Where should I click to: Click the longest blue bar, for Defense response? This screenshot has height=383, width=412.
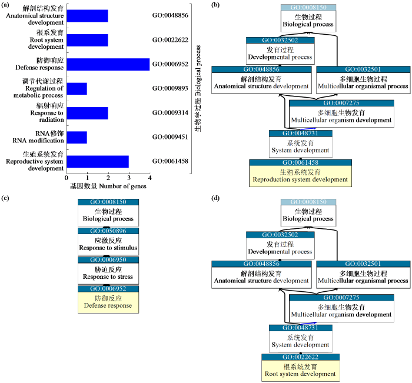pos(108,64)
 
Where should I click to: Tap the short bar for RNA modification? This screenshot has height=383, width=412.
pos(77,137)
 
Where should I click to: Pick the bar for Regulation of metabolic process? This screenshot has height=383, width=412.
pos(77,89)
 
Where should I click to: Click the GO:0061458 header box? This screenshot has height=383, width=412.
pos(300,162)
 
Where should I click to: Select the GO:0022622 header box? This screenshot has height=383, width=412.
pos(300,357)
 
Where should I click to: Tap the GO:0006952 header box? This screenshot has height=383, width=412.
pos(108,289)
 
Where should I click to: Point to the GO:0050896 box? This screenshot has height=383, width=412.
pos(108,231)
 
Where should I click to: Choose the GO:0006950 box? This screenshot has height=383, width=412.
pos(108,260)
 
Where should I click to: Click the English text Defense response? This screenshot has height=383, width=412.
pos(108,306)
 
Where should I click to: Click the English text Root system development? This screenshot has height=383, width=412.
pos(300,374)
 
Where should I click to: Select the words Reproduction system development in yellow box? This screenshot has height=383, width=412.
pos(300,179)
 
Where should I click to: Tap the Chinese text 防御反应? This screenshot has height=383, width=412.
pos(108,298)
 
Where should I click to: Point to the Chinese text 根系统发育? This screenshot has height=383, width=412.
pos(300,366)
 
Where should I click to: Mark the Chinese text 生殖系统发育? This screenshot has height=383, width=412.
pos(300,171)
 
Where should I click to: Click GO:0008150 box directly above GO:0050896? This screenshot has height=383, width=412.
pos(108,202)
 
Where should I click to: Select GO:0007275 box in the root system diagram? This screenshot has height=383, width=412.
pos(341,298)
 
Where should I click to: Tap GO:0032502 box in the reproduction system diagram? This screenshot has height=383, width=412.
pos(280,40)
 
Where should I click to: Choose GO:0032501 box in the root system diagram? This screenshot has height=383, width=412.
pos(363,264)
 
